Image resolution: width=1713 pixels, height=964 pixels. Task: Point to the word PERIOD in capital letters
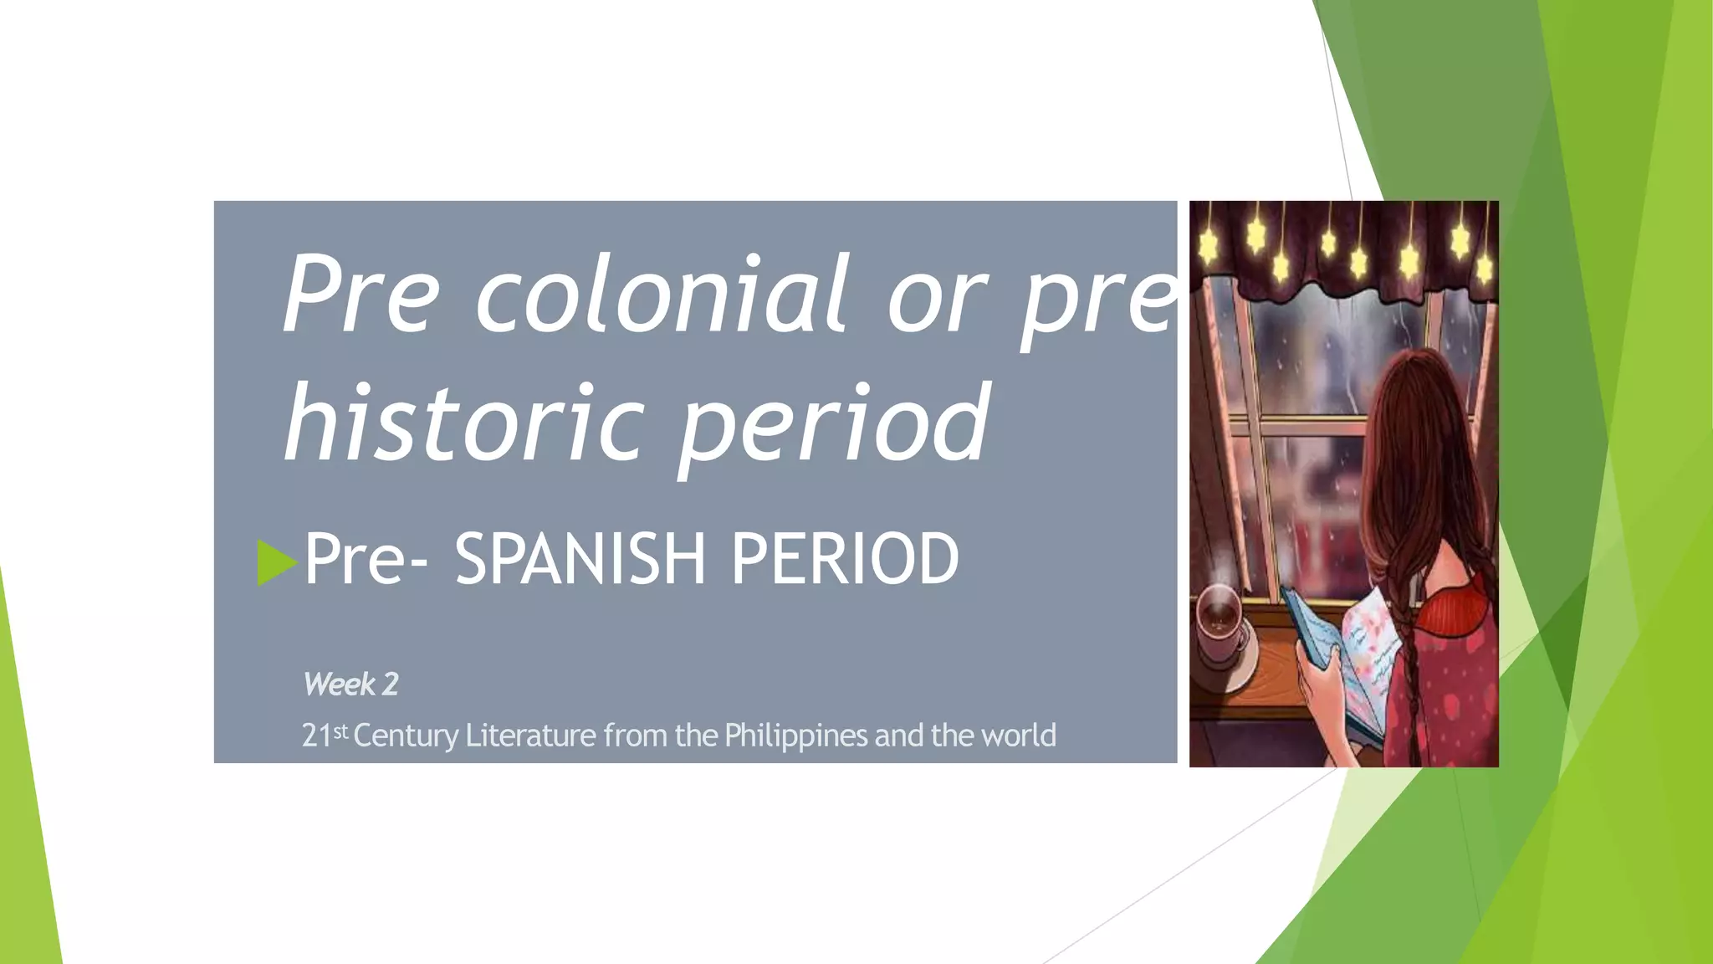pyautogui.click(x=846, y=559)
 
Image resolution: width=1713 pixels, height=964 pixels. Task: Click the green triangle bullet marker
pyautogui.click(x=277, y=562)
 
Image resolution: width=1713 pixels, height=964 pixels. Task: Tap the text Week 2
pyautogui.click(x=350, y=685)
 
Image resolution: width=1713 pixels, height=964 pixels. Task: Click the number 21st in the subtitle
pyautogui.click(x=324, y=736)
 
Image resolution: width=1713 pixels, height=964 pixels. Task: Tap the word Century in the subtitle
pyautogui.click(x=406, y=736)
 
